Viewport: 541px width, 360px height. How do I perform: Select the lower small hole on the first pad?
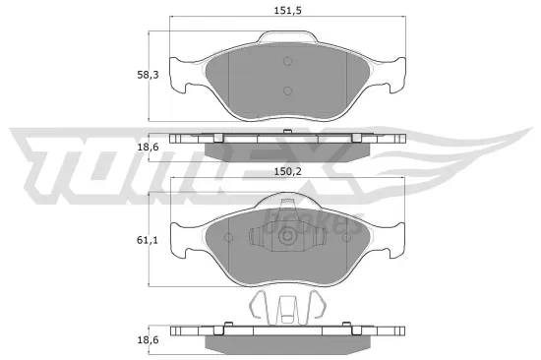click(287, 92)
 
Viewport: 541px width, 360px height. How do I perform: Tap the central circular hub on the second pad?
click(287, 237)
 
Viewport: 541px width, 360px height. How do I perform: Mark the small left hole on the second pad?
click(228, 237)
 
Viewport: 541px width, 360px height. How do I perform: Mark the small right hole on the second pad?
click(346, 237)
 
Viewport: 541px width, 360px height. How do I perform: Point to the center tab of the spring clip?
click(287, 314)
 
